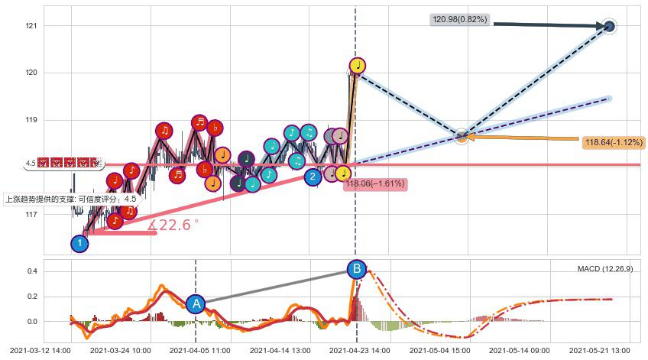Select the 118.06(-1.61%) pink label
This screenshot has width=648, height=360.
point(374,183)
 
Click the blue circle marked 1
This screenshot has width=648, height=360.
point(79,244)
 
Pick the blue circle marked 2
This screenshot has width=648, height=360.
point(313,177)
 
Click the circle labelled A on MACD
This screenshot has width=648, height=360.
point(196,303)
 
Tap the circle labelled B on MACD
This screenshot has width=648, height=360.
point(356,269)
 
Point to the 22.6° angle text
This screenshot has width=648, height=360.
point(174,225)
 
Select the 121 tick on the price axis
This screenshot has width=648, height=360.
point(31,26)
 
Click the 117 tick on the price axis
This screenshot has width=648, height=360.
point(31,215)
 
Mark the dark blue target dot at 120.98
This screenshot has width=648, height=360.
point(609,27)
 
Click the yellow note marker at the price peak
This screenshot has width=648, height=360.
point(357,66)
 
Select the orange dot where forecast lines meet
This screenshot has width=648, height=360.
point(462,137)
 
